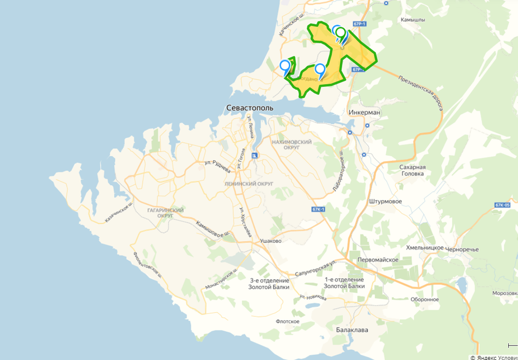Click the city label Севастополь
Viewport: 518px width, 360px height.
coord(250,108)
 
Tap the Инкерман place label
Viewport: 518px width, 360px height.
coord(365,112)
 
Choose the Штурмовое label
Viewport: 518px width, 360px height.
coord(386,201)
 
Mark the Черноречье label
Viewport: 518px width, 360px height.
coord(462,250)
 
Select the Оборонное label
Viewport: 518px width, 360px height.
coord(425,299)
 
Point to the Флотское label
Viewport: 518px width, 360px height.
coord(287,321)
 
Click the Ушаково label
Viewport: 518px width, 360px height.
coord(271,241)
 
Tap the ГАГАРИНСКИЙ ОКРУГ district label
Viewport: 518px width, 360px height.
coord(165,213)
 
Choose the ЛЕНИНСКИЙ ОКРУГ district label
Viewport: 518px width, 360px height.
coord(249,183)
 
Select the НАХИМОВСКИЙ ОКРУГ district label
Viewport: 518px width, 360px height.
coord(292,144)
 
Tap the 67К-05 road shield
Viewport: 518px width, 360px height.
coord(502,205)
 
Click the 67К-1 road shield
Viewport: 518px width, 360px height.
coord(319,209)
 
